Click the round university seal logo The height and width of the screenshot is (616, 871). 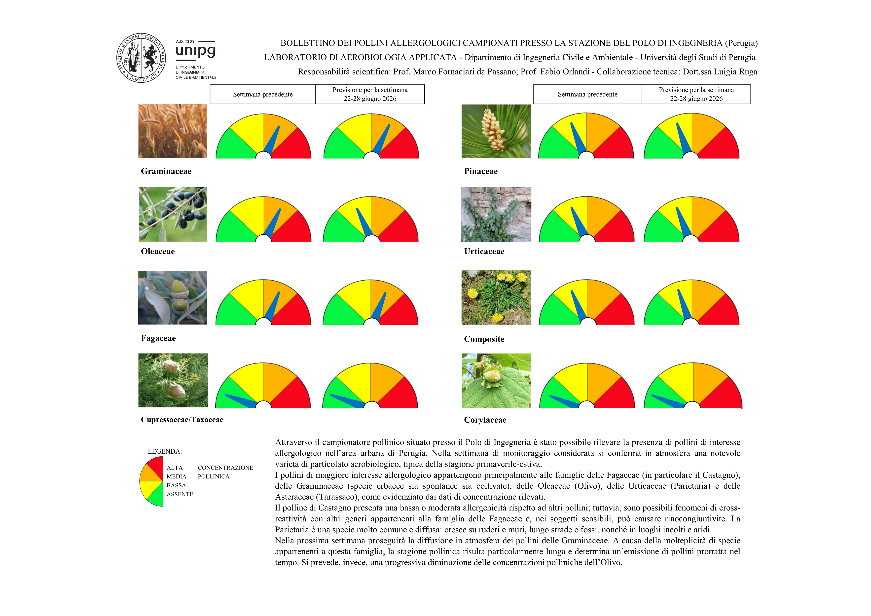point(141,58)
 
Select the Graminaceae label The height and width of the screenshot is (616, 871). point(166,171)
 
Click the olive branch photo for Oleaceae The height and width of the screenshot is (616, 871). point(173,214)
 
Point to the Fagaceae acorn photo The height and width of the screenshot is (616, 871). point(173,297)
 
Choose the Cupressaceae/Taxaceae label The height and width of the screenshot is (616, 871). point(182,420)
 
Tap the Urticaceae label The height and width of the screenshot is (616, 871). point(484,252)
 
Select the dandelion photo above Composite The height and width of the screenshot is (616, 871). point(496,297)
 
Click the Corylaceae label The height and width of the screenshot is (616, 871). point(485,420)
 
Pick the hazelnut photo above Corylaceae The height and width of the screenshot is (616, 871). point(496,381)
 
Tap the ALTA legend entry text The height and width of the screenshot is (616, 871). point(175,468)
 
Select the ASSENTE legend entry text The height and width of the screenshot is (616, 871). point(180,494)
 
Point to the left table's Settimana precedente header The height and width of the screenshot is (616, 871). point(262,94)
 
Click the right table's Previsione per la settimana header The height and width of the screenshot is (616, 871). point(696,94)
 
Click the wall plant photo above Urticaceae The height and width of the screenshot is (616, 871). point(496,214)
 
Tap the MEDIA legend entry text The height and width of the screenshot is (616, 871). point(176,476)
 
